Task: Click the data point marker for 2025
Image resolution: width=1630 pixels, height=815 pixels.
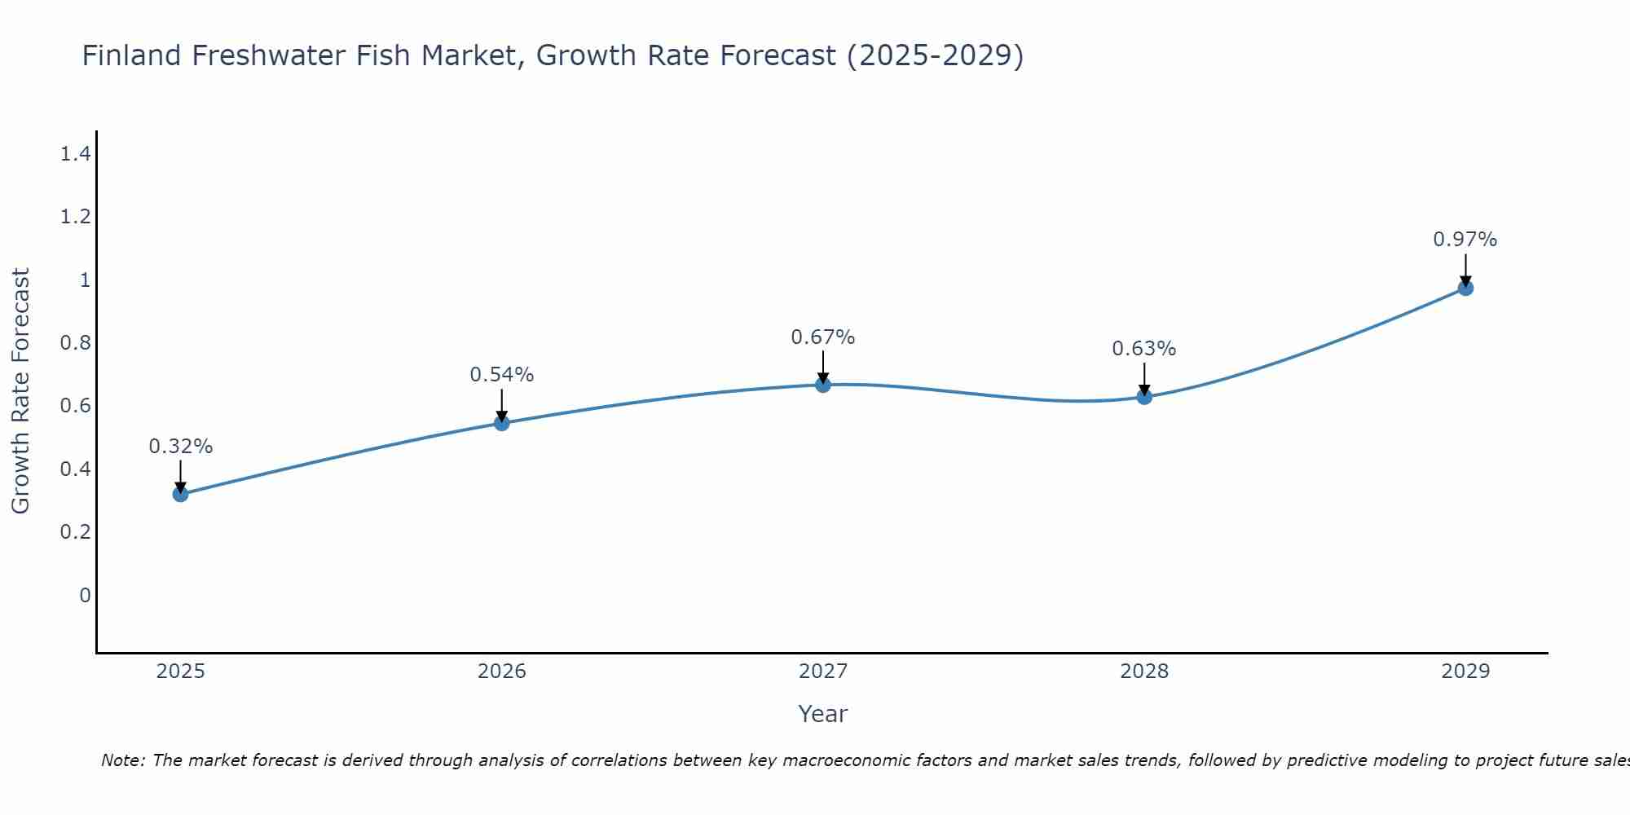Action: point(181,494)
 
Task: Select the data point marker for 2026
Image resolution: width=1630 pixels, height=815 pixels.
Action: point(502,423)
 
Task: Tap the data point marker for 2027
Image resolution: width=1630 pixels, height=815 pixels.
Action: point(823,385)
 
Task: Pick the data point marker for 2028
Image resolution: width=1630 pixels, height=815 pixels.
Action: point(1144,397)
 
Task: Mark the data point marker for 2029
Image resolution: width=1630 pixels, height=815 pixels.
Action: point(1465,288)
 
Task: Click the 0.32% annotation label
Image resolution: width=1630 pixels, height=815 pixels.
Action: point(181,447)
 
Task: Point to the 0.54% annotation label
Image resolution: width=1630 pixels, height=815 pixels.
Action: point(502,375)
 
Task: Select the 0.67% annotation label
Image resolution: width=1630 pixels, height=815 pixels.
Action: point(823,337)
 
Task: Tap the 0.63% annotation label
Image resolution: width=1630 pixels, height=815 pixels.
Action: point(1144,349)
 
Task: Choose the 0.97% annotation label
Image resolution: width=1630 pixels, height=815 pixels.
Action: point(1465,240)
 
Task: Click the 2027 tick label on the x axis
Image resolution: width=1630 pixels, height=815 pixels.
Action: point(823,672)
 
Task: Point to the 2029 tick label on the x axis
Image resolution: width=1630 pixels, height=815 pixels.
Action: point(1465,672)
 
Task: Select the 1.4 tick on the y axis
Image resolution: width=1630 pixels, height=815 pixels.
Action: point(75,153)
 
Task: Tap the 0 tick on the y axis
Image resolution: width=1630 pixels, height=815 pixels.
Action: point(85,596)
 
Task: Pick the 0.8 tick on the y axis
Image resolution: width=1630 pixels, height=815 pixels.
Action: point(75,343)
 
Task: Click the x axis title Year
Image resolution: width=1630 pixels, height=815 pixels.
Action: point(823,714)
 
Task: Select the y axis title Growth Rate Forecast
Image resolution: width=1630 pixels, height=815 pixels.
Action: point(20,391)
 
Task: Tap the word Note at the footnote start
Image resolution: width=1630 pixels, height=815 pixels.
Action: point(122,760)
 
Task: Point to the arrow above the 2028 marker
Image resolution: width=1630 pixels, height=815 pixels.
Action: point(1144,378)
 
